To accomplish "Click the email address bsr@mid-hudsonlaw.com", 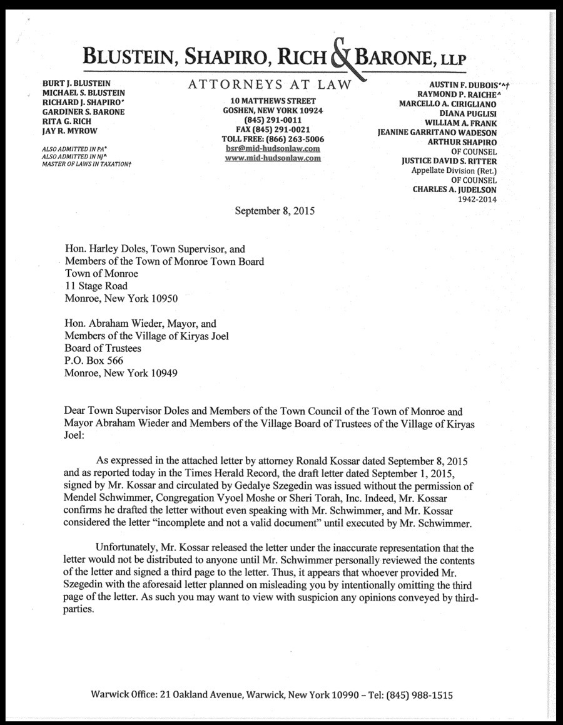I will coord(273,148).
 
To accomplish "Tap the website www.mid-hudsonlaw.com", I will coord(273,158).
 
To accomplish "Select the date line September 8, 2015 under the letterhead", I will coord(275,210).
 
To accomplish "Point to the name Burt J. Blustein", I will coord(76,83).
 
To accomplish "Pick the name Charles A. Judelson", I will coord(455,189).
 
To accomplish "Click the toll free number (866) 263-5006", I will coord(296,139).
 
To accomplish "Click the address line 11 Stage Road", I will coord(96,285).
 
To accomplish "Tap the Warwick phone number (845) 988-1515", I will coord(420,695).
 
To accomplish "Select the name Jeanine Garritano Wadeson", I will coord(437,133).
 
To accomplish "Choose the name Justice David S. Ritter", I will coord(449,161).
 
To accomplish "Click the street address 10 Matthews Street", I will coord(273,101).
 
